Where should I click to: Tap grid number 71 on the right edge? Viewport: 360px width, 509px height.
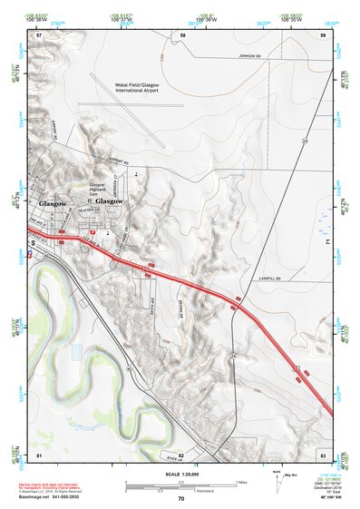[327, 242]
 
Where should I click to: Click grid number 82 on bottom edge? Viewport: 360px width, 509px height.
[181, 454]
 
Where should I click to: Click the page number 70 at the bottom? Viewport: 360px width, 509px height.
[180, 498]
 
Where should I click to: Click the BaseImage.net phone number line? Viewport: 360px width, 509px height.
[56, 497]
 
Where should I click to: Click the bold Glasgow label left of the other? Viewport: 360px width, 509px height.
[53, 203]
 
